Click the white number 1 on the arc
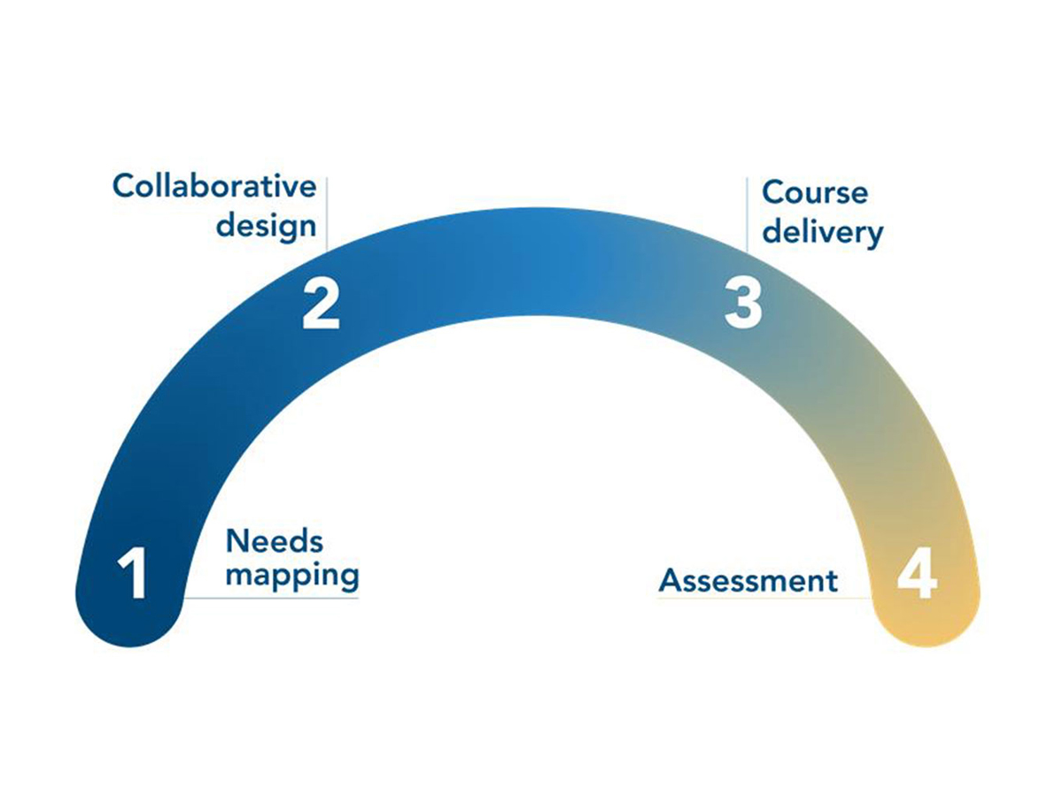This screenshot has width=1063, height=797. [132, 574]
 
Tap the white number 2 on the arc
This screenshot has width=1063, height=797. [321, 304]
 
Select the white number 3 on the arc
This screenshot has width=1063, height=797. [742, 304]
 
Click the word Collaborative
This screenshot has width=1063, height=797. [214, 187]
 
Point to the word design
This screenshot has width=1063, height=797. [267, 226]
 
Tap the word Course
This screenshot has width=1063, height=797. [815, 192]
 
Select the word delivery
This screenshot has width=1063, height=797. [823, 232]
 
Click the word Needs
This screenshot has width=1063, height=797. [275, 540]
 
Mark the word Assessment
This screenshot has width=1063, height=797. [749, 581]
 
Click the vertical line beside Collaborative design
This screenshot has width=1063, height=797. [327, 213]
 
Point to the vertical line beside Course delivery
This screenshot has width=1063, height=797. [747, 213]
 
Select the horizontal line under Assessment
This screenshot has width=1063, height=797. [762, 598]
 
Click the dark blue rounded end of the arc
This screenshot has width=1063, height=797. [132, 620]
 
